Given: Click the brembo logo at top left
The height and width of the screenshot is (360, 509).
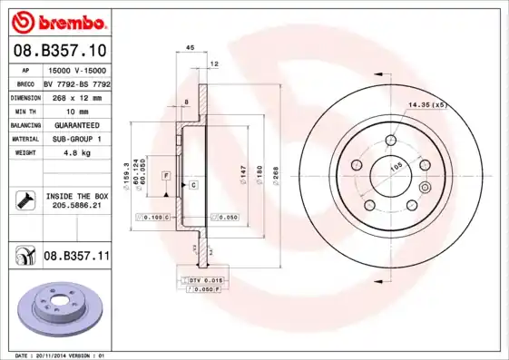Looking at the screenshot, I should (59, 20).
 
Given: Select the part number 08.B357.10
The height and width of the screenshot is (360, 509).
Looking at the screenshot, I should (59, 50).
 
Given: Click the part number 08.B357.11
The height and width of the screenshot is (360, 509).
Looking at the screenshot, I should (76, 257).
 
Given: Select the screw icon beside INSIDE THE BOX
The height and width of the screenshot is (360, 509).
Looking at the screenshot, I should (24, 200).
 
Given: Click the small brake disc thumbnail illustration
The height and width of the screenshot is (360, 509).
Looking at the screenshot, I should (55, 311).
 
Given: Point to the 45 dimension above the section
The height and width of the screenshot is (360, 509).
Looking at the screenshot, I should (191, 47).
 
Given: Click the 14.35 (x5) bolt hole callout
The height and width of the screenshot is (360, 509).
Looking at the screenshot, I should (428, 106).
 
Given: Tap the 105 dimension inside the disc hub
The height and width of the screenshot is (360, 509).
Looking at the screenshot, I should (396, 167).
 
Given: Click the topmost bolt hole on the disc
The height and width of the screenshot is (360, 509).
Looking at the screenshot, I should (391, 141).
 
